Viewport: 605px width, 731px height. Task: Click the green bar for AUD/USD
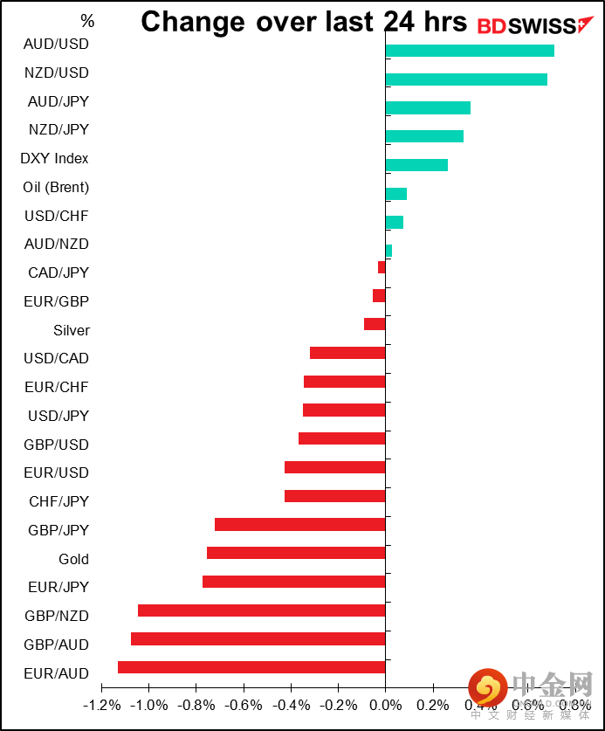pos(470,51)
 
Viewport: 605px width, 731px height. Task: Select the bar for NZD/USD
pos(466,79)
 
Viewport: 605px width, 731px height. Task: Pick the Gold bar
pos(296,553)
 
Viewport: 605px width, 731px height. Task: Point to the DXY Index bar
pos(416,165)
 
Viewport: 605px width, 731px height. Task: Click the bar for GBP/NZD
pos(261,610)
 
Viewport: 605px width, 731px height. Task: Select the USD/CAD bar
pos(347,353)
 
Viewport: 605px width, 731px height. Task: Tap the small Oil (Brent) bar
pos(395,194)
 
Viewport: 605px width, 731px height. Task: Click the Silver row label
pos(71,330)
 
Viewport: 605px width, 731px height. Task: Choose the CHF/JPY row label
pos(58,501)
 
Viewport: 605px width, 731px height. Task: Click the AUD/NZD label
pos(57,245)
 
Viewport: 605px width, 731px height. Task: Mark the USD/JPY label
pos(58,416)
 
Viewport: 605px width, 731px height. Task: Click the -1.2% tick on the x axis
pos(101,705)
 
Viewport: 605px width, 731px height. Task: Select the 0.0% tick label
pos(385,705)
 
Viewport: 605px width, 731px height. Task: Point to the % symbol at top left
pos(87,20)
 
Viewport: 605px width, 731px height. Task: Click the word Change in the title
pos(194,22)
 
